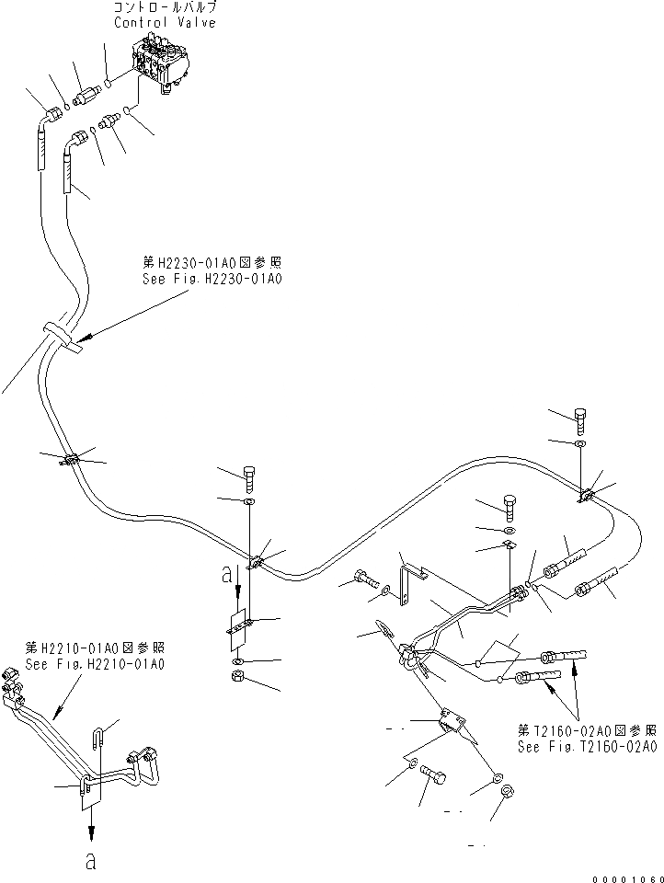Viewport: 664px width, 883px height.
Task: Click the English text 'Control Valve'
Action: pos(166,23)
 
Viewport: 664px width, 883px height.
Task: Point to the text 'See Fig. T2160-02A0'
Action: pos(587,748)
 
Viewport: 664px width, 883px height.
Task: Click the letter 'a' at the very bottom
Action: pos(90,862)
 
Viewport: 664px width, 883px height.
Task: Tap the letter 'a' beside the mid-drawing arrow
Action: pos(226,577)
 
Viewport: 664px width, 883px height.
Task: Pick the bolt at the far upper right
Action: pos(581,419)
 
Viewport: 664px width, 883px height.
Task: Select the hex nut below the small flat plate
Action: pos(236,680)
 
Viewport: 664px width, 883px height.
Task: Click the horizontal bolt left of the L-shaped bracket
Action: pos(364,580)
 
